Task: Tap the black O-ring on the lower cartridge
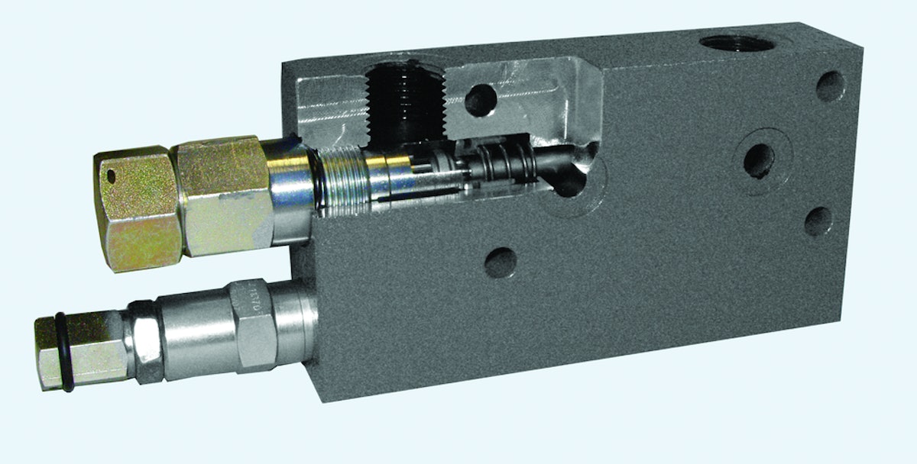64,353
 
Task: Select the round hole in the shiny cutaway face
481,100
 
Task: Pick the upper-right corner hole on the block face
830,86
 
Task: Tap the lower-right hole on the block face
818,221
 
